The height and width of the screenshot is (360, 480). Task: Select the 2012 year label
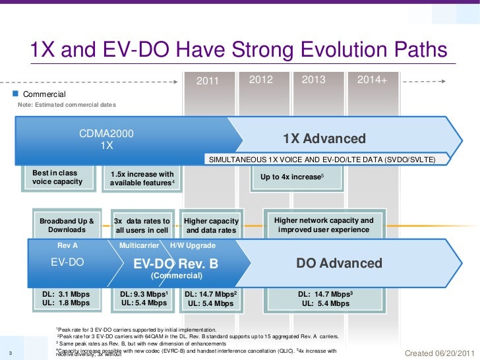pyautogui.click(x=260, y=80)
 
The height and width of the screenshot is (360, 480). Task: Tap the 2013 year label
pyautogui.click(x=314, y=80)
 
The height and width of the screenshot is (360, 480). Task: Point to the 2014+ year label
pyautogui.click(x=371, y=80)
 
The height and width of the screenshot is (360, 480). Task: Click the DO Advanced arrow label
pyautogui.click(x=339, y=264)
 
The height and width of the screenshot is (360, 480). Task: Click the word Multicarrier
pyautogui.click(x=138, y=245)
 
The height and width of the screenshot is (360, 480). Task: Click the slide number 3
pyautogui.click(x=5, y=351)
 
